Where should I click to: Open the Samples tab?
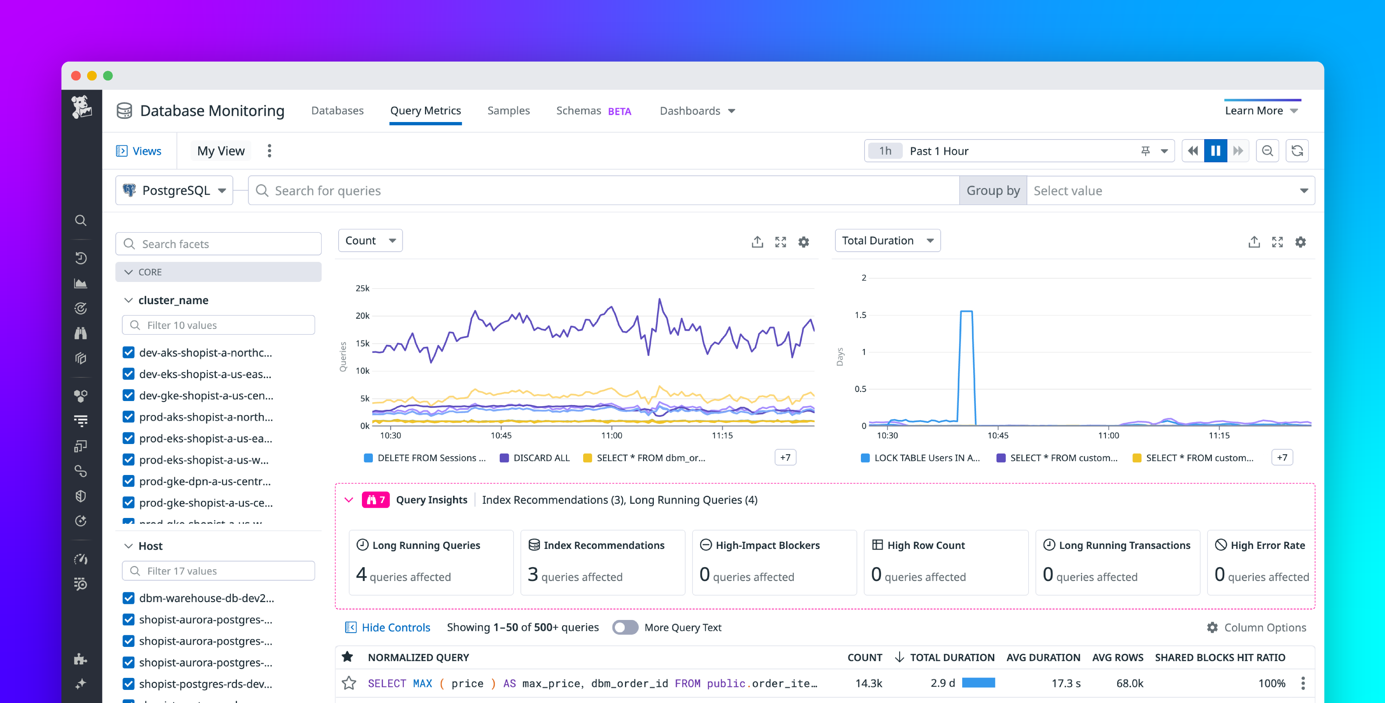(x=508, y=111)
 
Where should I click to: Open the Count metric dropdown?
(x=370, y=241)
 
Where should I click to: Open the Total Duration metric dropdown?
(x=887, y=241)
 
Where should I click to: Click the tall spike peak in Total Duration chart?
(x=966, y=312)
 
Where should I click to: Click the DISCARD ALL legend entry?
(x=541, y=458)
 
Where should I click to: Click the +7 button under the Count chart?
(x=785, y=457)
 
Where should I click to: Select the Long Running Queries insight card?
(x=431, y=562)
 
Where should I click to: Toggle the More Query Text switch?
(x=625, y=627)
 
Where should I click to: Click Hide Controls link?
(x=395, y=627)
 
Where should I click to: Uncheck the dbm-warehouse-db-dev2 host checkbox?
(x=129, y=598)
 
